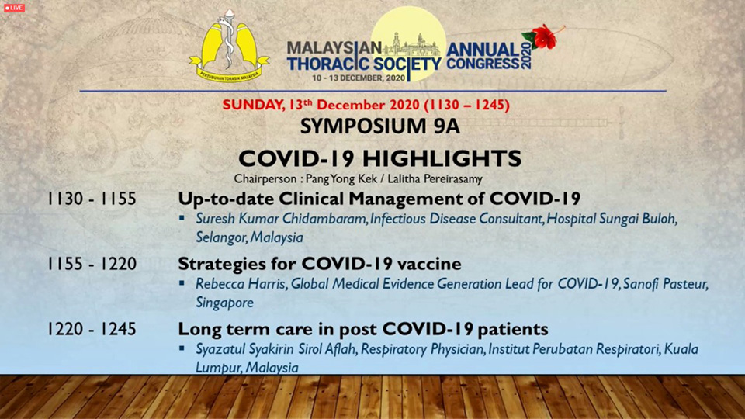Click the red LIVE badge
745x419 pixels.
pos(14,8)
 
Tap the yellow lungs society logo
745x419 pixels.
pos(229,46)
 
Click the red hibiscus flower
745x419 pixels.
pos(542,36)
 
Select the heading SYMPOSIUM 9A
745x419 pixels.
pos(379,126)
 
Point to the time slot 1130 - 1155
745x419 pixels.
pos(92,199)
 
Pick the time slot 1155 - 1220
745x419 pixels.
pos(92,264)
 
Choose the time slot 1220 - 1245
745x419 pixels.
pos(92,329)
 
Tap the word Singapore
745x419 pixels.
pos(225,303)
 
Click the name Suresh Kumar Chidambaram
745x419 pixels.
pos(281,219)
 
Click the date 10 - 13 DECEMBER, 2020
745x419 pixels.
pos(359,78)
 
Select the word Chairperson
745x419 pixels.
pos(263,179)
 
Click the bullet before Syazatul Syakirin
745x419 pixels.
pos(182,348)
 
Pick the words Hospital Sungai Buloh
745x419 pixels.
pos(612,219)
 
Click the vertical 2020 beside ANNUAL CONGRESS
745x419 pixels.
pos(525,56)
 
